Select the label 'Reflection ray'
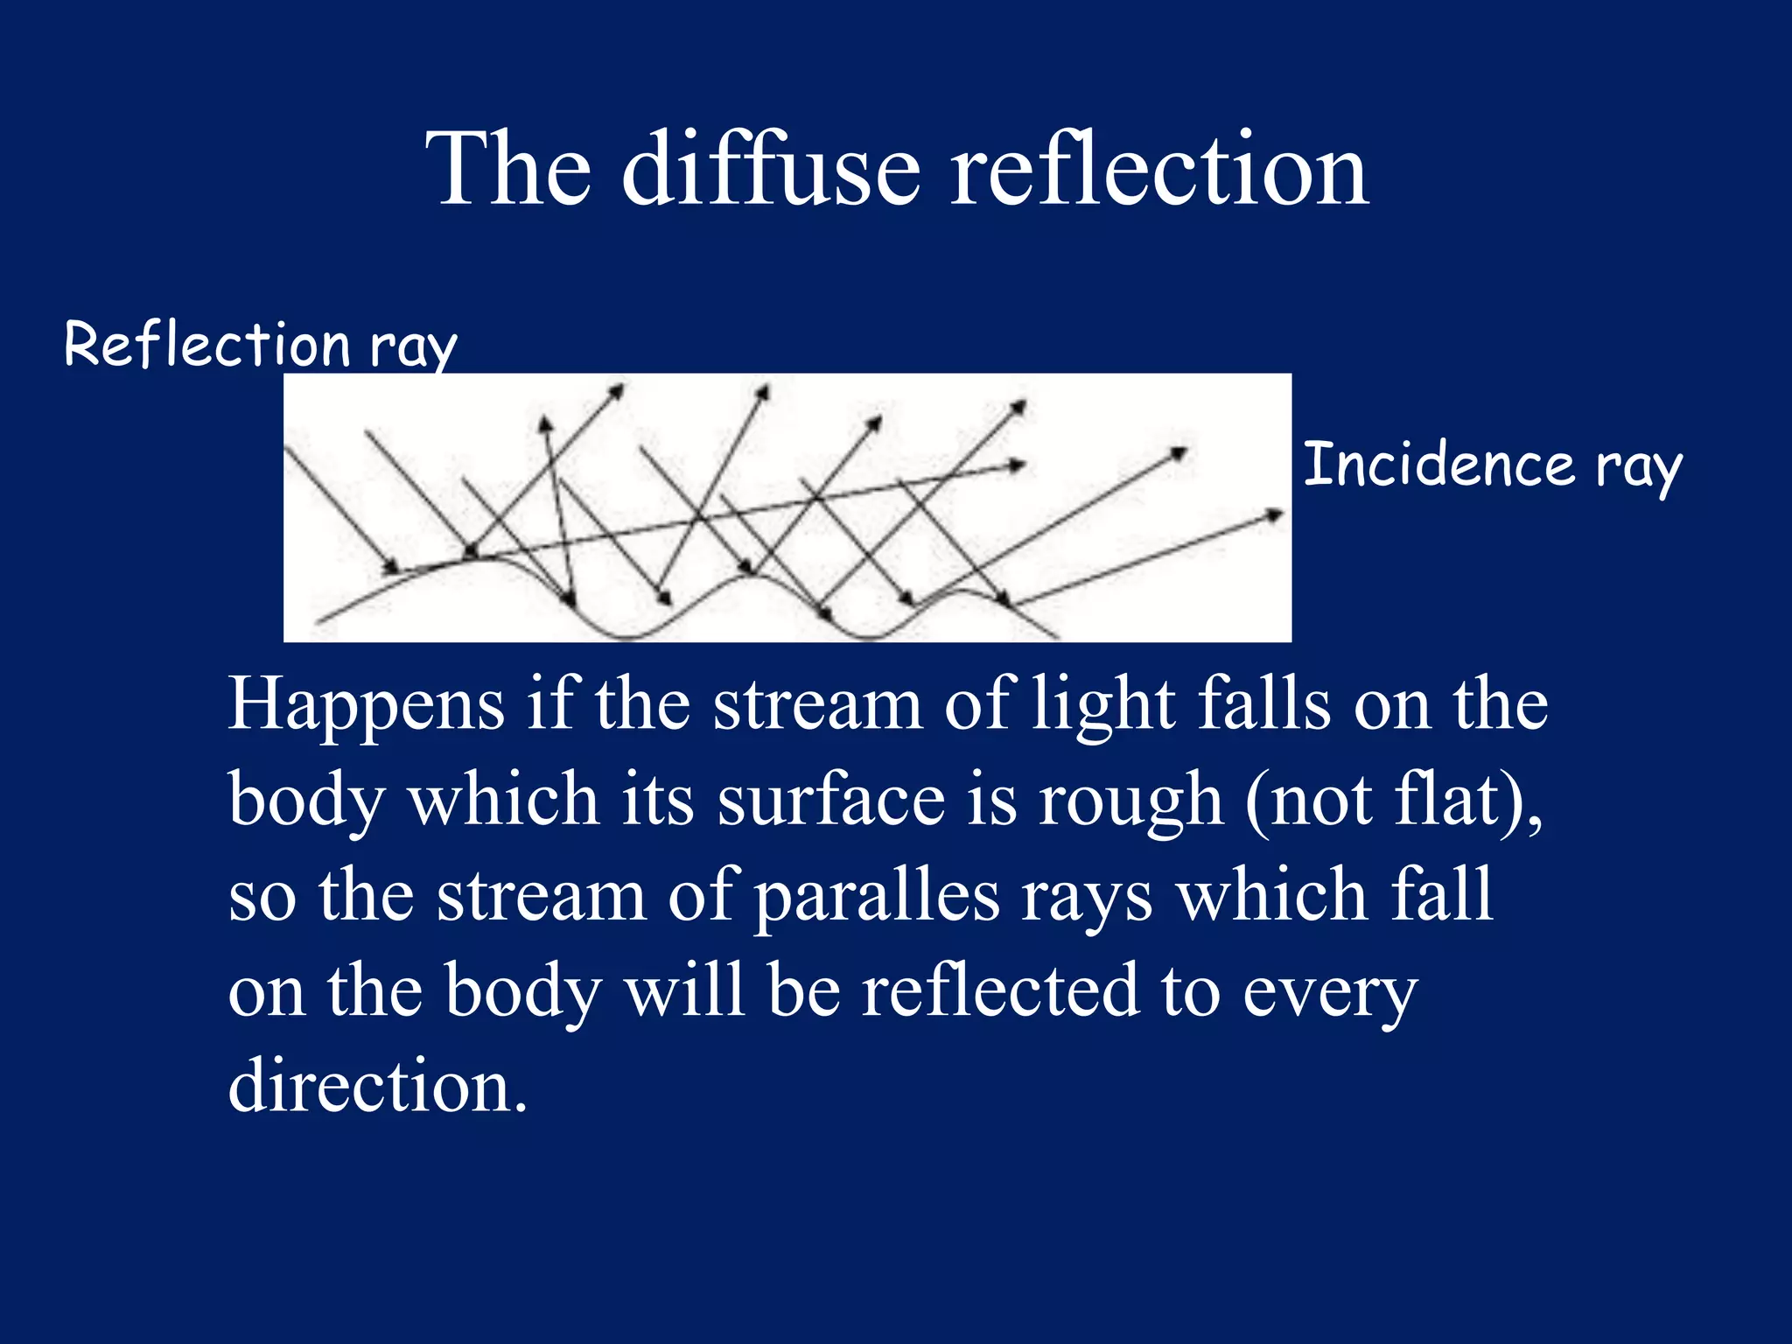[x=261, y=344]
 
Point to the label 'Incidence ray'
[x=1493, y=465]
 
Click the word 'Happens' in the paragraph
[x=367, y=705]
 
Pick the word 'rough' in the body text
[x=1130, y=800]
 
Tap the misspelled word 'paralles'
[x=877, y=896]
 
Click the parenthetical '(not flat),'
[x=1395, y=800]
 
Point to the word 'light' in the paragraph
[x=1103, y=705]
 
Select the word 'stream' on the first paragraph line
[x=817, y=705]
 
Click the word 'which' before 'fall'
[x=1272, y=896]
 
